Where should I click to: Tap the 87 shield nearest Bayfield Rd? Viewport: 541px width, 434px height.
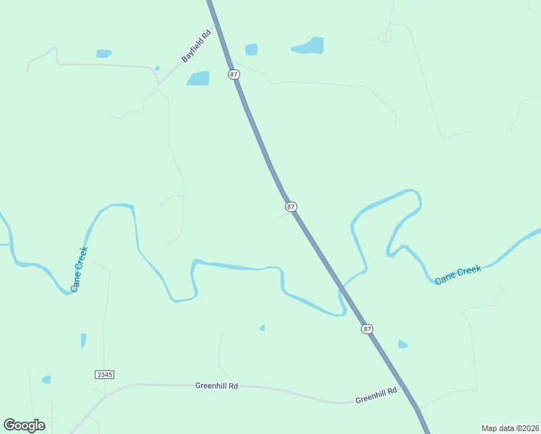click(x=233, y=75)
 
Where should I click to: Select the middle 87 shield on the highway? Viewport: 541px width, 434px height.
click(x=291, y=207)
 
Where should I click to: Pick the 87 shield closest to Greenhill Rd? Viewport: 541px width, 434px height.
click(x=367, y=329)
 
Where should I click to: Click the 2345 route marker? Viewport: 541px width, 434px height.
click(x=104, y=374)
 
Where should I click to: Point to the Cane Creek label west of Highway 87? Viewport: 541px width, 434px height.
click(x=80, y=269)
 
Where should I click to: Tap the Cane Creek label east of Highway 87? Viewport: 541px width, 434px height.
click(x=458, y=274)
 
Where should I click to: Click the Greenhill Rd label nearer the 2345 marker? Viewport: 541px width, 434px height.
click(x=216, y=386)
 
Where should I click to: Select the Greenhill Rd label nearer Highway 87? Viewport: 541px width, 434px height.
click(x=376, y=396)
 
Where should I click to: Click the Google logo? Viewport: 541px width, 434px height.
click(x=24, y=425)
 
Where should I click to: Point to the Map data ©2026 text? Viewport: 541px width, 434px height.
click(x=510, y=428)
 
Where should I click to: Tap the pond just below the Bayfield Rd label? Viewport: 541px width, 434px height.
click(x=198, y=78)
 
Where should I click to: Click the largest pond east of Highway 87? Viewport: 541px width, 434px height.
click(x=309, y=46)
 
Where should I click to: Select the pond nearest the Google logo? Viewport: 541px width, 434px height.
click(x=46, y=380)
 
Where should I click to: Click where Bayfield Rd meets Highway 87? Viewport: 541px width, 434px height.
click(x=216, y=24)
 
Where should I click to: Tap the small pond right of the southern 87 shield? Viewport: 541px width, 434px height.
click(x=402, y=344)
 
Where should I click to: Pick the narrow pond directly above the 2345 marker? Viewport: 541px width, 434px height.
click(x=83, y=340)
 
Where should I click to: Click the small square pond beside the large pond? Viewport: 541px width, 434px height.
click(x=251, y=49)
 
